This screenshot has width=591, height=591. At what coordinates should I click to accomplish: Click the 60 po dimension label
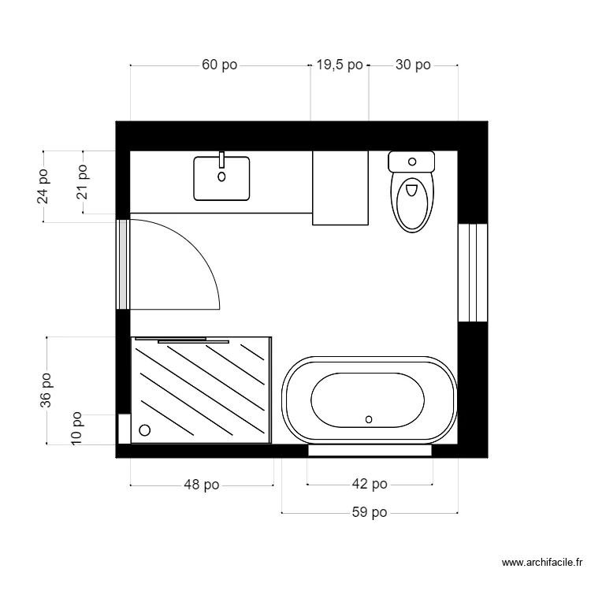(219, 65)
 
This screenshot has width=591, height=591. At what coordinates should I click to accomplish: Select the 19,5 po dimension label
(340, 65)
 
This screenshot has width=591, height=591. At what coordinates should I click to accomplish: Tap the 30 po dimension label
(412, 65)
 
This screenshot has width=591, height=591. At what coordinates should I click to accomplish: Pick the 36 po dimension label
(46, 391)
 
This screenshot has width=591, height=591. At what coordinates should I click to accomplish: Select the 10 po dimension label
(77, 429)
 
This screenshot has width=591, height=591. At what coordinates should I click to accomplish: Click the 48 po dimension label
(201, 485)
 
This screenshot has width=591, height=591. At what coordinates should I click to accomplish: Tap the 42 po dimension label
(370, 485)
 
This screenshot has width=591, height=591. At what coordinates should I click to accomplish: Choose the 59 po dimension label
(370, 513)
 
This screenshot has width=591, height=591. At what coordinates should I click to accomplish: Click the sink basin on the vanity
(221, 179)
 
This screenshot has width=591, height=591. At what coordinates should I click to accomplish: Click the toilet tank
(411, 162)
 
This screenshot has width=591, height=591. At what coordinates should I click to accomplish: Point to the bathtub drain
(369, 419)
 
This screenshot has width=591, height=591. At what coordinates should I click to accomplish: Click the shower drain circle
(144, 430)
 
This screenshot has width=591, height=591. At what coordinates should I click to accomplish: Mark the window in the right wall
(473, 273)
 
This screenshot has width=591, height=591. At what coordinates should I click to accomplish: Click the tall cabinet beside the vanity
(340, 188)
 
